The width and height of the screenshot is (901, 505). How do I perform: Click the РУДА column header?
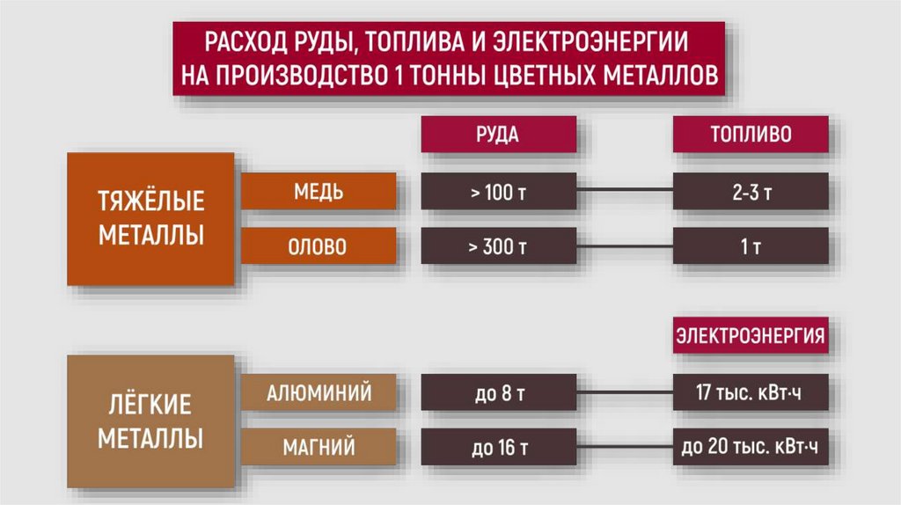point(498,135)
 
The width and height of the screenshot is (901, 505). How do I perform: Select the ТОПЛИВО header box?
point(750,135)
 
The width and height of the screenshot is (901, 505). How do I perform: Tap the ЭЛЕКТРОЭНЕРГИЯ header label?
point(750,336)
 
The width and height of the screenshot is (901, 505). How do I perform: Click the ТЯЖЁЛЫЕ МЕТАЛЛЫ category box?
point(150,218)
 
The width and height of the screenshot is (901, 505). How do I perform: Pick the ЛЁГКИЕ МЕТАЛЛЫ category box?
point(150,421)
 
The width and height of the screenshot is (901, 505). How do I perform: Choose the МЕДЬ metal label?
point(319,191)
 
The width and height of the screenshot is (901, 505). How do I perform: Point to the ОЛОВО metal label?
point(319,247)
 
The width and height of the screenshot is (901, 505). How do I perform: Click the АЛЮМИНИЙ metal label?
point(319,392)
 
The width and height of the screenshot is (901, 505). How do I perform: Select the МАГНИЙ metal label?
point(319,448)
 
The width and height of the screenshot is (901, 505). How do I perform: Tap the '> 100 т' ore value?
point(498,192)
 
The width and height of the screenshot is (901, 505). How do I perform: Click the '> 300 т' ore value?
point(498,247)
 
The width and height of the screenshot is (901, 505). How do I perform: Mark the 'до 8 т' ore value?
point(498,393)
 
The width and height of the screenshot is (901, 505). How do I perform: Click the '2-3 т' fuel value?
point(750,192)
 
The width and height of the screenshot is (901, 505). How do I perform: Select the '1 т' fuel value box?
point(750,247)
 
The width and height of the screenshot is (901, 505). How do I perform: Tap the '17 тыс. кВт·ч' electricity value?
point(750,393)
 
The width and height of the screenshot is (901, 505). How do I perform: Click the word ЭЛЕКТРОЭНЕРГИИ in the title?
point(591,41)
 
